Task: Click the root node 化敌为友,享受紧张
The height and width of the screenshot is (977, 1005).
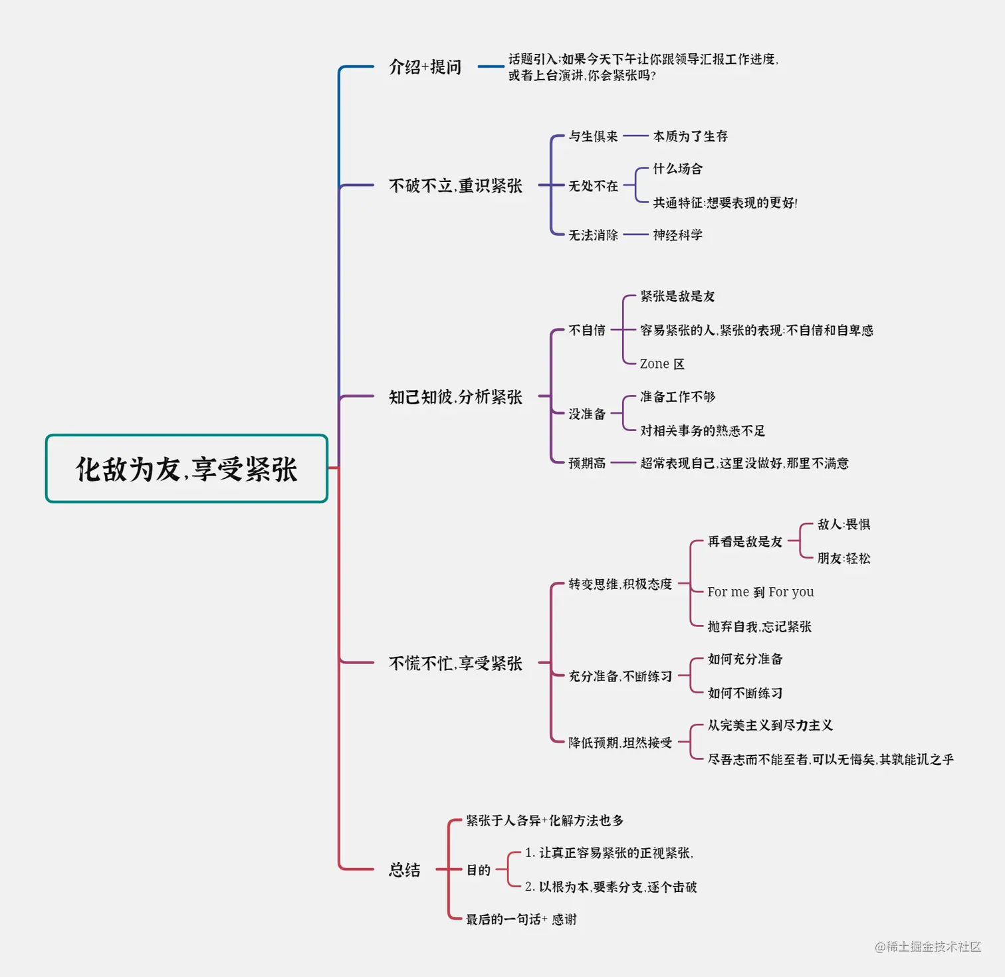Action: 187,469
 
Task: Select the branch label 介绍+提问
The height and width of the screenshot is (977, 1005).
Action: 425,67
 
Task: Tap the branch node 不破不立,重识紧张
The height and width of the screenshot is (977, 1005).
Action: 455,186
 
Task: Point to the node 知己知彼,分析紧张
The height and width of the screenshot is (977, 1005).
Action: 455,397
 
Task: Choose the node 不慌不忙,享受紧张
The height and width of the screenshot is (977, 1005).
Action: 455,664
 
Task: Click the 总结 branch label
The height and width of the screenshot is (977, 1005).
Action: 404,870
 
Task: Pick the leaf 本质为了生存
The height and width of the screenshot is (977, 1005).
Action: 690,136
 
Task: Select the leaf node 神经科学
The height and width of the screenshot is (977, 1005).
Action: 677,235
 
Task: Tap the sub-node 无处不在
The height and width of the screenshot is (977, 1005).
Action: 593,186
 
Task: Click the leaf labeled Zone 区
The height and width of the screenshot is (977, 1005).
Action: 662,364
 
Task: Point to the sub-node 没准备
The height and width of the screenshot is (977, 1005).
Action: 587,414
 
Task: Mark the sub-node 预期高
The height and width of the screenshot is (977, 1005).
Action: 587,463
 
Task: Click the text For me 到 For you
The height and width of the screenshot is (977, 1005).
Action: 760,592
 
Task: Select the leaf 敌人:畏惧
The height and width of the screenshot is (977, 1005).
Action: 843,525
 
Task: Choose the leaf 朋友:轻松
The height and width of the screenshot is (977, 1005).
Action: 843,559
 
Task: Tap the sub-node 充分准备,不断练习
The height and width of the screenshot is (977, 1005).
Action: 620,676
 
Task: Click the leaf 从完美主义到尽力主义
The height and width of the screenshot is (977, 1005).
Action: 770,725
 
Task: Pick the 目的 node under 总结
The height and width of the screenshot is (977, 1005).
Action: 478,870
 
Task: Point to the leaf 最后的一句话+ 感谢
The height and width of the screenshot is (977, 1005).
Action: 521,919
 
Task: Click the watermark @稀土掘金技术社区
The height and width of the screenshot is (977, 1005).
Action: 928,946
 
